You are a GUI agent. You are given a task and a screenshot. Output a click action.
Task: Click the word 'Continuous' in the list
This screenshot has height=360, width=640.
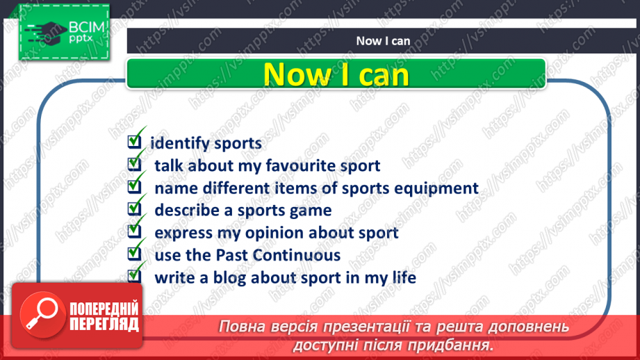301,255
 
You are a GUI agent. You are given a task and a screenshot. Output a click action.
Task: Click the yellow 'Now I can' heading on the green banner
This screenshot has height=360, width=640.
336,74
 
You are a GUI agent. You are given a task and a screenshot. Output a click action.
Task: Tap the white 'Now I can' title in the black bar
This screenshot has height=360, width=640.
383,40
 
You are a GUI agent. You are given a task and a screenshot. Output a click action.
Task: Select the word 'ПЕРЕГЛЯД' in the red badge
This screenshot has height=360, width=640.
104,324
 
